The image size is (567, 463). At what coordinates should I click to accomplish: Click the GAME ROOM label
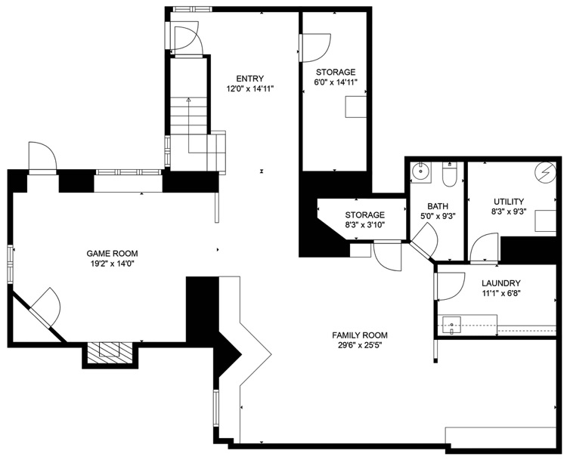(x=112, y=254)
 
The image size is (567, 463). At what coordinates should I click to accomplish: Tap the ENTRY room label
(x=250, y=79)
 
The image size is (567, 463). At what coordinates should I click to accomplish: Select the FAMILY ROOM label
(x=360, y=335)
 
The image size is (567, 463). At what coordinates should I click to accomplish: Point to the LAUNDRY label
(x=500, y=283)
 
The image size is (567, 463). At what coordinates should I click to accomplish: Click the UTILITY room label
(x=509, y=202)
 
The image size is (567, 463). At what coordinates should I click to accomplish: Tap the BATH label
(x=438, y=206)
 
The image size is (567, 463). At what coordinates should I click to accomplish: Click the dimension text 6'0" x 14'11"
(x=336, y=82)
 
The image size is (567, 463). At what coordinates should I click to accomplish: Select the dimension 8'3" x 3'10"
(x=364, y=224)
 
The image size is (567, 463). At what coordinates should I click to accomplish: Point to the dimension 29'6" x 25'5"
(x=360, y=345)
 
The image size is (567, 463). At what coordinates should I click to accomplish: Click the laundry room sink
(x=451, y=326)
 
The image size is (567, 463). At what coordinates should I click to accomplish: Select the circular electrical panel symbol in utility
(x=545, y=171)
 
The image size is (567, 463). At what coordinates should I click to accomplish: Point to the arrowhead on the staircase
(x=188, y=100)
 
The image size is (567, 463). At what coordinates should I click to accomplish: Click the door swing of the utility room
(x=484, y=247)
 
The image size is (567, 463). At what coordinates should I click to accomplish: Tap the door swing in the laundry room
(x=451, y=286)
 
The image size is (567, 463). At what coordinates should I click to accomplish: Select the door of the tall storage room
(x=315, y=48)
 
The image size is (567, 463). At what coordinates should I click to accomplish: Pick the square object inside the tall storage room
(x=355, y=106)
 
